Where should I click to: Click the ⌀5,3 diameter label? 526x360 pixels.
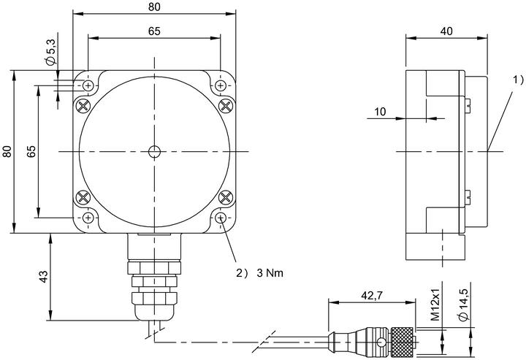click(x=51, y=51)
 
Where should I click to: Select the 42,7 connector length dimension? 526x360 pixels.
click(x=372, y=295)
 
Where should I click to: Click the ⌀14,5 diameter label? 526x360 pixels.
click(x=464, y=305)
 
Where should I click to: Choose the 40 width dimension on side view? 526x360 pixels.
click(x=446, y=31)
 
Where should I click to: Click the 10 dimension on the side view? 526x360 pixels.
click(x=380, y=111)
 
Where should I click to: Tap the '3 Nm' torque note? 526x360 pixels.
click(x=270, y=273)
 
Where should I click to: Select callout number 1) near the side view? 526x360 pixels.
click(x=518, y=80)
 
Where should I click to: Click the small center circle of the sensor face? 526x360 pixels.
click(x=154, y=152)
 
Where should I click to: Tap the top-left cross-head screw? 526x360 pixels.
click(x=83, y=107)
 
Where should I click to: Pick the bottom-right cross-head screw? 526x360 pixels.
click(x=226, y=197)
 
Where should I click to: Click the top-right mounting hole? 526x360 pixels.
click(x=221, y=86)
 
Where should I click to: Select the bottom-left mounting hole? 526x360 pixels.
click(x=88, y=218)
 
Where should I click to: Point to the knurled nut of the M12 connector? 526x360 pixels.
click(x=403, y=342)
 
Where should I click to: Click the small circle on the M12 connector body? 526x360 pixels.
click(x=381, y=342)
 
